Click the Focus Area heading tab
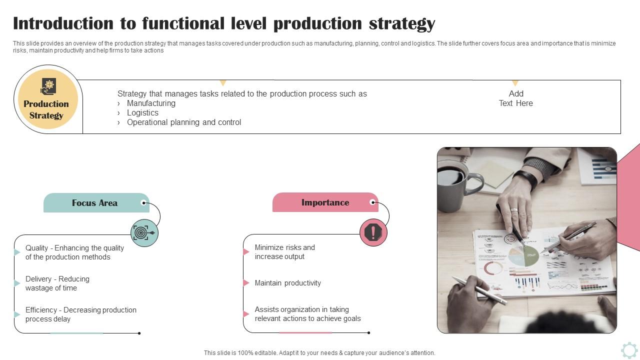point(95,203)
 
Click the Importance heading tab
point(325,202)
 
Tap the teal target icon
point(144,233)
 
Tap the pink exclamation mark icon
point(373,232)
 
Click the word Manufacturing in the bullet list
point(151,103)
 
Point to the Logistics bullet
point(142,112)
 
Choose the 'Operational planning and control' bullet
point(184,122)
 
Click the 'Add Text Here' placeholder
point(516,98)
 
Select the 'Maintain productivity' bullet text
point(288,283)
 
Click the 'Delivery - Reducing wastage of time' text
point(57,283)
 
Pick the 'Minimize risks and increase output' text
point(285,252)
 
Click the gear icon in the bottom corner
point(629,349)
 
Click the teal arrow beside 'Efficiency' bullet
point(17,314)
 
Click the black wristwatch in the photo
point(525,178)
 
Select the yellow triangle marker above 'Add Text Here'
point(515,83)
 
